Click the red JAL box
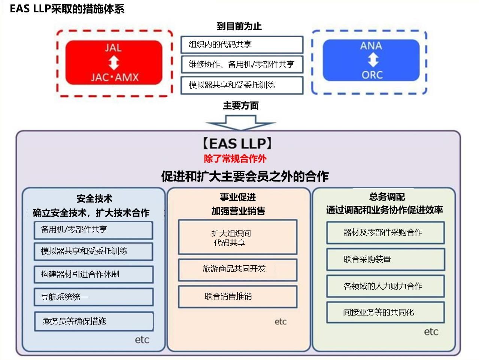click(114, 62)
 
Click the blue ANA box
click(371, 60)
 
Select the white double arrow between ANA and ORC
click(372, 60)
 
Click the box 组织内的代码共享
click(242, 45)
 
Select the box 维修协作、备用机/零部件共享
click(242, 64)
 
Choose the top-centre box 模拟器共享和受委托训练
click(242, 85)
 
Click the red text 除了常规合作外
click(235, 159)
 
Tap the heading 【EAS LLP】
click(237, 144)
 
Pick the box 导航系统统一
click(94, 297)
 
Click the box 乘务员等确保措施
click(94, 321)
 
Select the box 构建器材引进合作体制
click(94, 274)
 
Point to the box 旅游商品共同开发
click(237, 269)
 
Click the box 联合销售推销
click(237, 297)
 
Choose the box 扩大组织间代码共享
click(237, 238)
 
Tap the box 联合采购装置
click(385, 259)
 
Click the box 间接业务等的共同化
click(385, 312)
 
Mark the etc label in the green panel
click(431, 332)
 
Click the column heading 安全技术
click(94, 199)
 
